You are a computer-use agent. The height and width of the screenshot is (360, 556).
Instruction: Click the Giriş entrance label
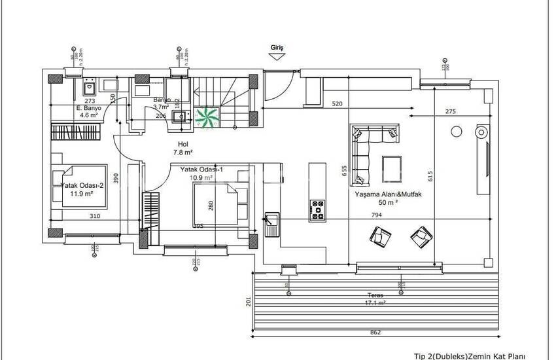pos(277,48)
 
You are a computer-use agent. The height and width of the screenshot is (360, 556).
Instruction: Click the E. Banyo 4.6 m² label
pos(87,111)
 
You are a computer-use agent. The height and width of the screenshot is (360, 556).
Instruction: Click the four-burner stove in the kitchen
pos(317,207)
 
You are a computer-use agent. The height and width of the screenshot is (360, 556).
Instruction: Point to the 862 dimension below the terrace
pos(375,332)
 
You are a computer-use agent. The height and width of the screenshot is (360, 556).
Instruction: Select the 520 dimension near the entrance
pos(338,104)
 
